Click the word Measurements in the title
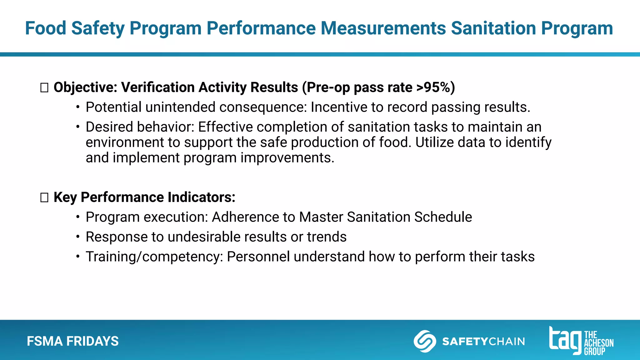click(x=383, y=28)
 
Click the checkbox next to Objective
click(x=44, y=88)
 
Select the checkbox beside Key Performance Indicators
click(x=44, y=198)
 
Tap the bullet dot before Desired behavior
click(x=78, y=127)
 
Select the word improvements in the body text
click(x=287, y=157)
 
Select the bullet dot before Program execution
click(x=78, y=217)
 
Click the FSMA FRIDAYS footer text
click(x=73, y=341)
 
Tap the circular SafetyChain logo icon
click(x=425, y=341)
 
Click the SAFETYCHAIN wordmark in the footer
click(x=483, y=341)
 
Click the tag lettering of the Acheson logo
click(x=565, y=340)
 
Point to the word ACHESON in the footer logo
click(x=599, y=343)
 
